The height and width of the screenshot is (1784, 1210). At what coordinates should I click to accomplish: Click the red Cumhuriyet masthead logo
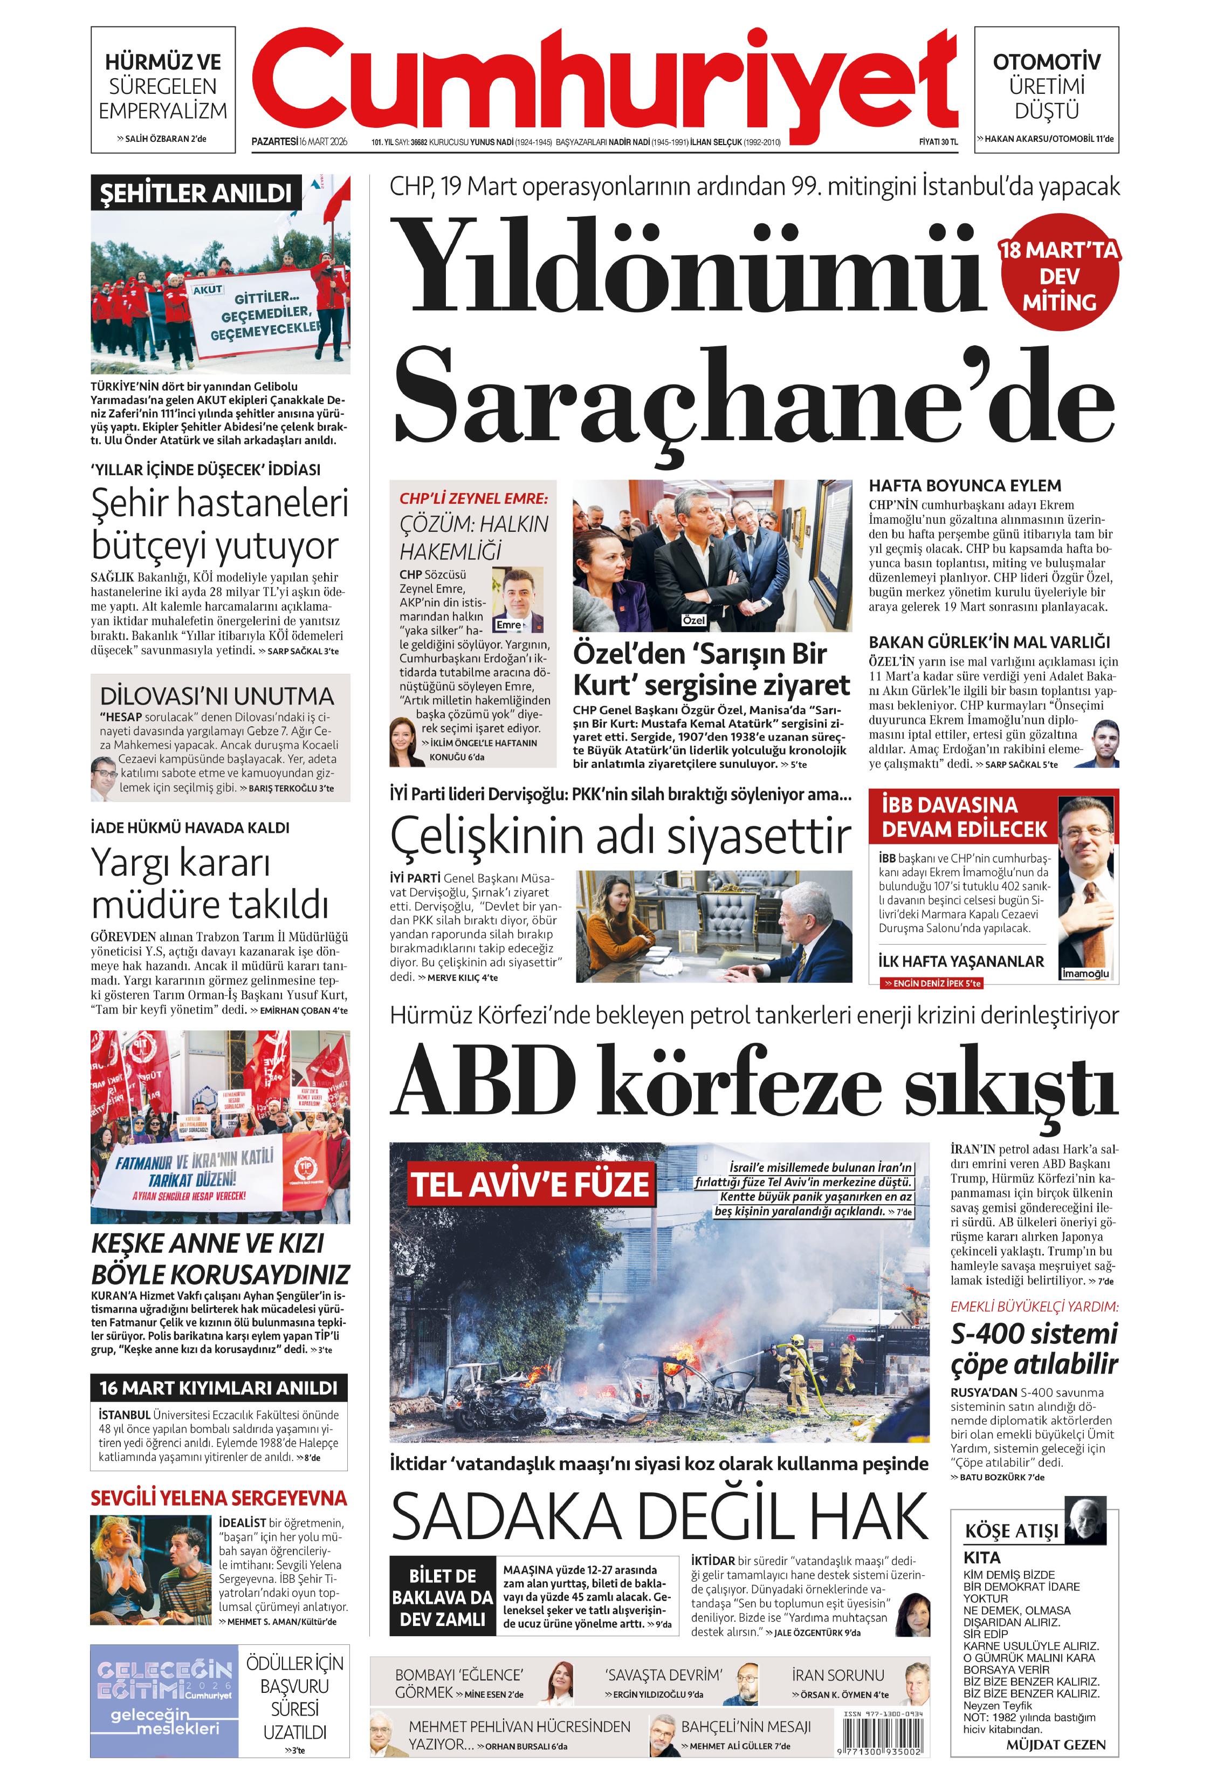coord(604,80)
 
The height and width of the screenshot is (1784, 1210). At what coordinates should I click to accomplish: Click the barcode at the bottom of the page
coord(882,1740)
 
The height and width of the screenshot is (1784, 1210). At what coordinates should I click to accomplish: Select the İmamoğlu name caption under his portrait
coord(1085,973)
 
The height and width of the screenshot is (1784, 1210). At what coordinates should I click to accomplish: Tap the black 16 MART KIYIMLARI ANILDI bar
coord(219,1387)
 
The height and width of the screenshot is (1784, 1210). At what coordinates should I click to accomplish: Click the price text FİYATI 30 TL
coord(938,142)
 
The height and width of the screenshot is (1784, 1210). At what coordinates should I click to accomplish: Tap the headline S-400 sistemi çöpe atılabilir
coord(1034,1348)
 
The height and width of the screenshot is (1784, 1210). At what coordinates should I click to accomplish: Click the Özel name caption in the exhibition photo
coord(693,619)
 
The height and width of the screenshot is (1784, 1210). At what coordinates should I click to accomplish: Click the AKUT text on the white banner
coord(207,289)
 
